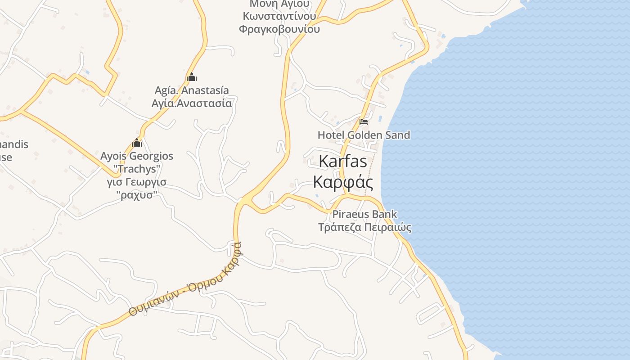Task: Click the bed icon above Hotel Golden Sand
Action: pos(363,121)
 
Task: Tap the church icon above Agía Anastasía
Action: pos(191,77)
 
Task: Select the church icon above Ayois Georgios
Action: pos(137,143)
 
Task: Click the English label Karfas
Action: pos(342,162)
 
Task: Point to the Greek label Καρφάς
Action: pos(343,182)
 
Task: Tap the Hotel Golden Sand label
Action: pos(364,135)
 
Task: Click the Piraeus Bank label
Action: pos(364,214)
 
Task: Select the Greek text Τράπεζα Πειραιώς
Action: pos(364,227)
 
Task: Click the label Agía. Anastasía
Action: pos(192,90)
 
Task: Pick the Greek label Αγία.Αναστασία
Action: pos(192,103)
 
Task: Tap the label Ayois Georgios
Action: pos(137,156)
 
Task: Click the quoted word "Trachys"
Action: pos(137,169)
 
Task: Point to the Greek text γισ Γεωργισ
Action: pos(137,182)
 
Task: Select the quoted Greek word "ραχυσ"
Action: pos(137,195)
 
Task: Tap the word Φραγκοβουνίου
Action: pos(279,29)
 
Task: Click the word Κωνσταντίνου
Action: pos(279,17)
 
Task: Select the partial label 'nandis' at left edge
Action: pos(14,144)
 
